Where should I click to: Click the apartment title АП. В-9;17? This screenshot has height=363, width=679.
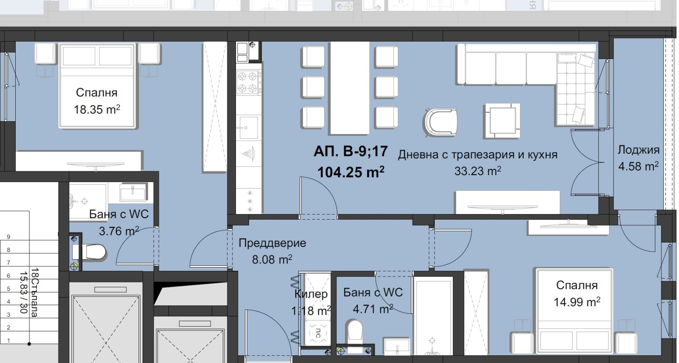351,151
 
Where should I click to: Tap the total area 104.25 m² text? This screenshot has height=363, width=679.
351,172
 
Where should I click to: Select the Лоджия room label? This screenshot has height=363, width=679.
638,150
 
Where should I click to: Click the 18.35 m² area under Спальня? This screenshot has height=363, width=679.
97,109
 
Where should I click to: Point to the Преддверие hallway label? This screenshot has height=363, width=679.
272,243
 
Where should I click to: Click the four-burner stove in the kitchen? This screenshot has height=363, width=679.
247,83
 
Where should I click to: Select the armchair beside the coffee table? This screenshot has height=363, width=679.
441,123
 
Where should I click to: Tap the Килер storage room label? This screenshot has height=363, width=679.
311,294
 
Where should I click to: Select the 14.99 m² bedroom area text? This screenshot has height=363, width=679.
576,302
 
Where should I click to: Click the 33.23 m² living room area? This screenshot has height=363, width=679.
477,171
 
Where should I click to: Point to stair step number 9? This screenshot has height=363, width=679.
8,237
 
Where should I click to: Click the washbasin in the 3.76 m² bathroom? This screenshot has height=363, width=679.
132,192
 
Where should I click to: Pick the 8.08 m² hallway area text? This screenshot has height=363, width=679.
272,259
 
